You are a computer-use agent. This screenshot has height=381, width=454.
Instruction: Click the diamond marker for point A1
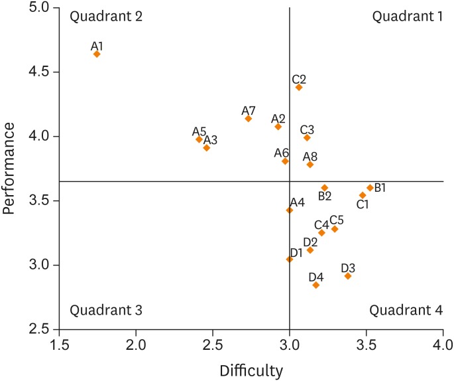[x=97, y=54]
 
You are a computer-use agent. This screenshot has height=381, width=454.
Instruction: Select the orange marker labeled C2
[x=299, y=87]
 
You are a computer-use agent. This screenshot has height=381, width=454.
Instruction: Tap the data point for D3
[x=348, y=275]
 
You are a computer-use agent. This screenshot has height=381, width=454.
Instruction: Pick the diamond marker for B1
[x=370, y=188]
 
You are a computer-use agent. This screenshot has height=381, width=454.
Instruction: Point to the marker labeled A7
[x=248, y=119]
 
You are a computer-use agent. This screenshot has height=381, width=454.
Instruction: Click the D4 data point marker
[x=316, y=285]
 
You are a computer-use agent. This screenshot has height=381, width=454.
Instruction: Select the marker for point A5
[x=199, y=139]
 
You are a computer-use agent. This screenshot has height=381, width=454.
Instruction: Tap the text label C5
[x=337, y=220]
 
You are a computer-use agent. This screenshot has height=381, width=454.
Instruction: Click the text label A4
[x=297, y=202]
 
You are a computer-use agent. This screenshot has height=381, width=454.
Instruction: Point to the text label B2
[x=325, y=196]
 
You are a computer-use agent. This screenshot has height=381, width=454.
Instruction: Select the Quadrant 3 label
[x=106, y=309]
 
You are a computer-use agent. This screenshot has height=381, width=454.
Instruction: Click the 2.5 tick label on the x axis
[x=213, y=345]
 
